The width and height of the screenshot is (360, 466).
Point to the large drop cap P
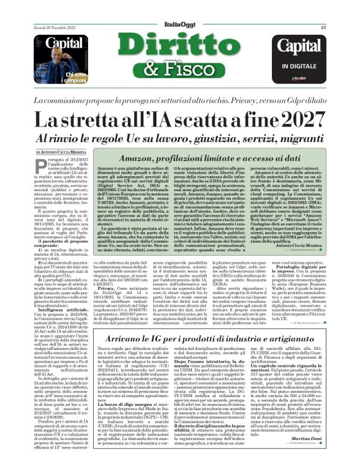click(x=40, y=168)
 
